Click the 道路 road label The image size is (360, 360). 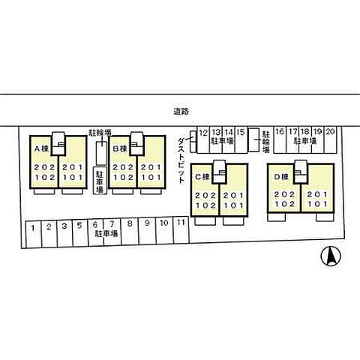pos(181,112)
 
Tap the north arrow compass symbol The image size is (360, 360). pos(331,256)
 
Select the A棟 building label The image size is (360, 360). pos(41,149)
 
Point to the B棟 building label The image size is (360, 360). pos(120,149)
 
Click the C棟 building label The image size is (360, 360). pos(202,177)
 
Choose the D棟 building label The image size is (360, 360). pos(281,177)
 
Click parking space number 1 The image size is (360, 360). pos(33,228)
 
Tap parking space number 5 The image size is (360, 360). pos(79,226)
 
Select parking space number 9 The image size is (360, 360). pos(147,223)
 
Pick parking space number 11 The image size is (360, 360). pos(181,222)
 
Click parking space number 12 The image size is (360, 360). pos(203,133)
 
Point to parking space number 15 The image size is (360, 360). pos(241,132)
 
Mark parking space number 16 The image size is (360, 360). pos(280,131)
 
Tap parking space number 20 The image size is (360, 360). pos(330,131)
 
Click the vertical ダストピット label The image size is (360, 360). pos(181,160)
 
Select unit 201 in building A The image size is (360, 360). pos(73,167)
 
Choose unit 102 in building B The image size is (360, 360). pos(123,178)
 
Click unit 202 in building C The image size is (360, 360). pos(205,195)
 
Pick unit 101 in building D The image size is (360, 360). pos(317,204)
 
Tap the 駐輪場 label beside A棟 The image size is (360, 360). pos(100,133)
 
